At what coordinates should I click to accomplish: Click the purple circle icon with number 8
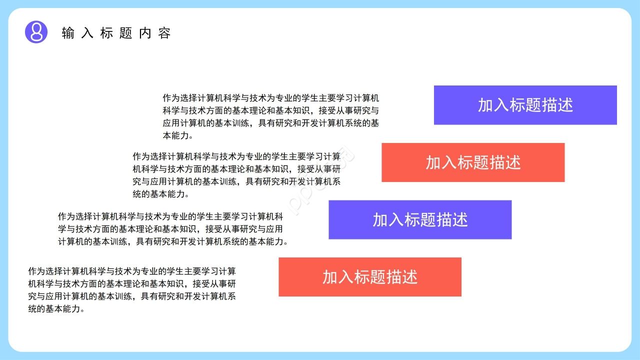pos(36,32)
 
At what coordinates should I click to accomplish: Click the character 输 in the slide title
pos(67,33)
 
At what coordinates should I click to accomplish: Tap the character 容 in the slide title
pos(165,33)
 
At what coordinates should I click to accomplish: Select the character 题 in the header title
pos(126,33)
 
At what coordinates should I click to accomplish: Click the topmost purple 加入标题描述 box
pos(525,105)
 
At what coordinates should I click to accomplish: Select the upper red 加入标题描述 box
pos(473,162)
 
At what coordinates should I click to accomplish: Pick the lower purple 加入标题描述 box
pos(420,219)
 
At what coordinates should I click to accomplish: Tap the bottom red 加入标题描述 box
pos(370,277)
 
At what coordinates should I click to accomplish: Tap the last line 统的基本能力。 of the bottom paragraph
pos(56,309)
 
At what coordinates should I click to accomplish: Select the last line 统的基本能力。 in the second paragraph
pos(160,194)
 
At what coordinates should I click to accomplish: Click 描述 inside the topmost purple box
pos(557,105)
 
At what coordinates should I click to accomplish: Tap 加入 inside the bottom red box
pos(338,277)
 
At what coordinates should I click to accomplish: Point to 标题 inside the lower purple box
pos(420,219)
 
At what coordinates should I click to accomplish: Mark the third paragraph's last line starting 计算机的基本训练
pos(172,241)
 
